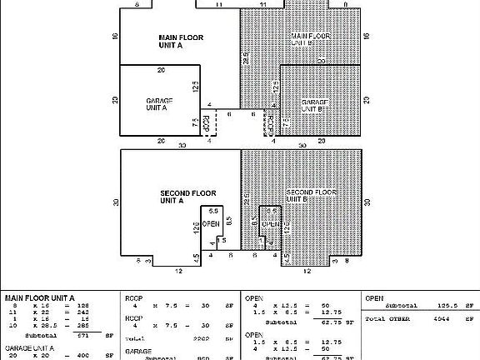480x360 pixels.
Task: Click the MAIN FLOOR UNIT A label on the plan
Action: pyautogui.click(x=181, y=42)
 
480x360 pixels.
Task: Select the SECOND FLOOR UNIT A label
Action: pyautogui.click(x=182, y=197)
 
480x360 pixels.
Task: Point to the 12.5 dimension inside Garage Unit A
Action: pyautogui.click(x=194, y=86)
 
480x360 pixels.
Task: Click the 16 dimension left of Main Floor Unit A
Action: pyautogui.click(x=115, y=37)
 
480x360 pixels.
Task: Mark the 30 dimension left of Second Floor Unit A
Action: pyautogui.click(x=115, y=202)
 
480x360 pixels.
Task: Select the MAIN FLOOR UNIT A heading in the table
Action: pyautogui.click(x=40, y=297)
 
